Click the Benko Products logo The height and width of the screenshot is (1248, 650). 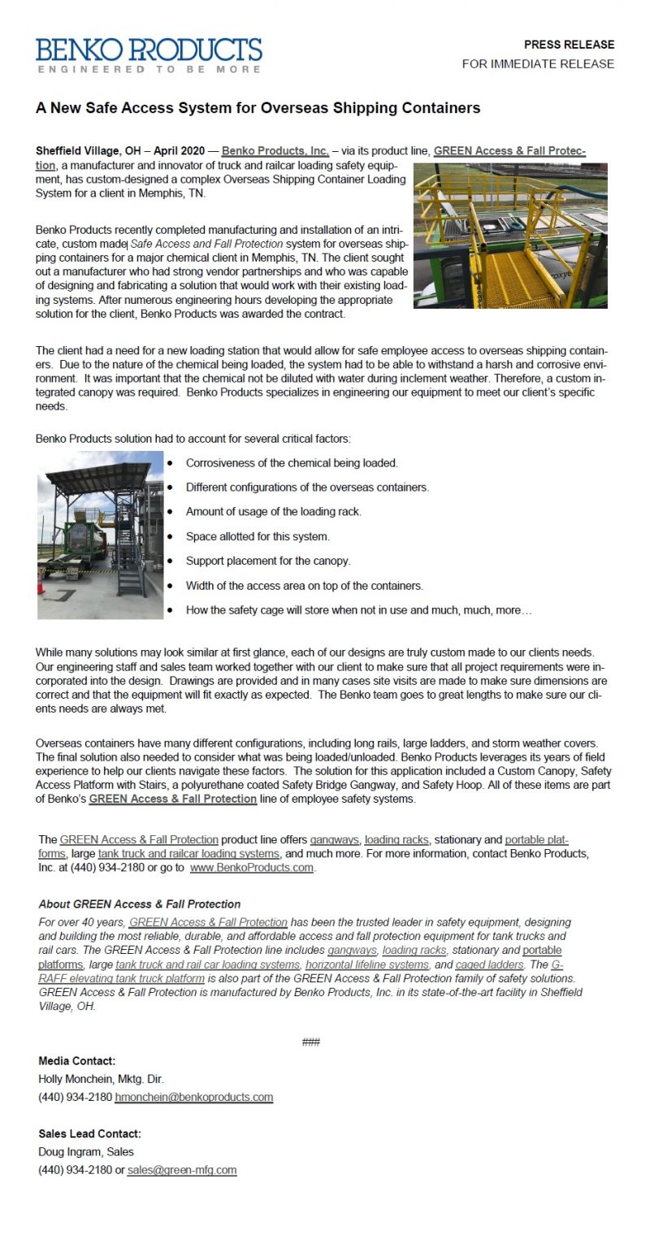[149, 55]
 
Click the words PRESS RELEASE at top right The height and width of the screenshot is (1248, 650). [569, 45]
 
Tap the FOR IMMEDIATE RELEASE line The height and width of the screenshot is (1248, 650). [538, 64]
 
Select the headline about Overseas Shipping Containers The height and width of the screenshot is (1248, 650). [258, 108]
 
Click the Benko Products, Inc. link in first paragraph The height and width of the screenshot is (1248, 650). [275, 151]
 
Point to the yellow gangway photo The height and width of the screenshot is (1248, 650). [510, 236]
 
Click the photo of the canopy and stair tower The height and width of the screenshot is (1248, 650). [100, 535]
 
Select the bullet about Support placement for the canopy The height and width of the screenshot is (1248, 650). [268, 561]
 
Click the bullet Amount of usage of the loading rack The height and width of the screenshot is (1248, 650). [273, 512]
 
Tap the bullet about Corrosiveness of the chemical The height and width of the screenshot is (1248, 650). [292, 463]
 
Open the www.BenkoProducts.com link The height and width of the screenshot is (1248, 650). [251, 868]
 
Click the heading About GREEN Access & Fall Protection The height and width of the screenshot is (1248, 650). [139, 903]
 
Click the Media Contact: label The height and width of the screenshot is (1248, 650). [76, 1061]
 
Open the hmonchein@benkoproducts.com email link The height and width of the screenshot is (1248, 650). [193, 1097]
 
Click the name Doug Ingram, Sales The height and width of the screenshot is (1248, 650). [86, 1151]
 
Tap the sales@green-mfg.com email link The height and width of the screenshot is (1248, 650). [182, 1170]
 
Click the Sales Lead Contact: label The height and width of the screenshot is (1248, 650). [89, 1133]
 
